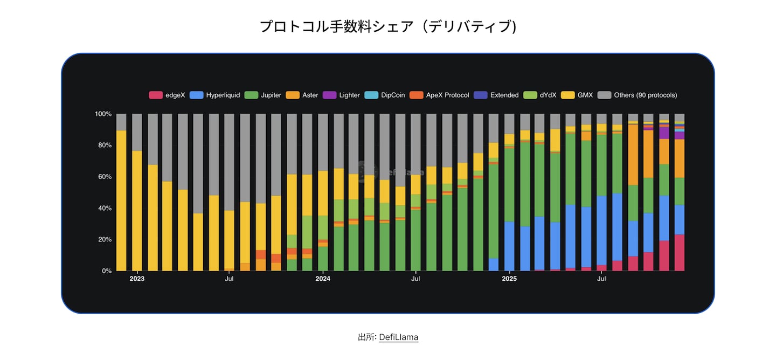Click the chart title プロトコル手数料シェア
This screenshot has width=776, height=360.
[388, 26]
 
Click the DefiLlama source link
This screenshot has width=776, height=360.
[398, 337]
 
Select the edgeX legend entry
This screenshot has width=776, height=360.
[167, 95]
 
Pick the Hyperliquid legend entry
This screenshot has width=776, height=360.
[215, 95]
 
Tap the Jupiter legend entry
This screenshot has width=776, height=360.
[263, 95]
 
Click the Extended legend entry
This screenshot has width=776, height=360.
[497, 95]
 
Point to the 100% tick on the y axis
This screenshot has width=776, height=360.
[103, 114]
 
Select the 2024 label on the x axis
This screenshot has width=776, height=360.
[323, 279]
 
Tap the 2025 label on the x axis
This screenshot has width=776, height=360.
[509, 279]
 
